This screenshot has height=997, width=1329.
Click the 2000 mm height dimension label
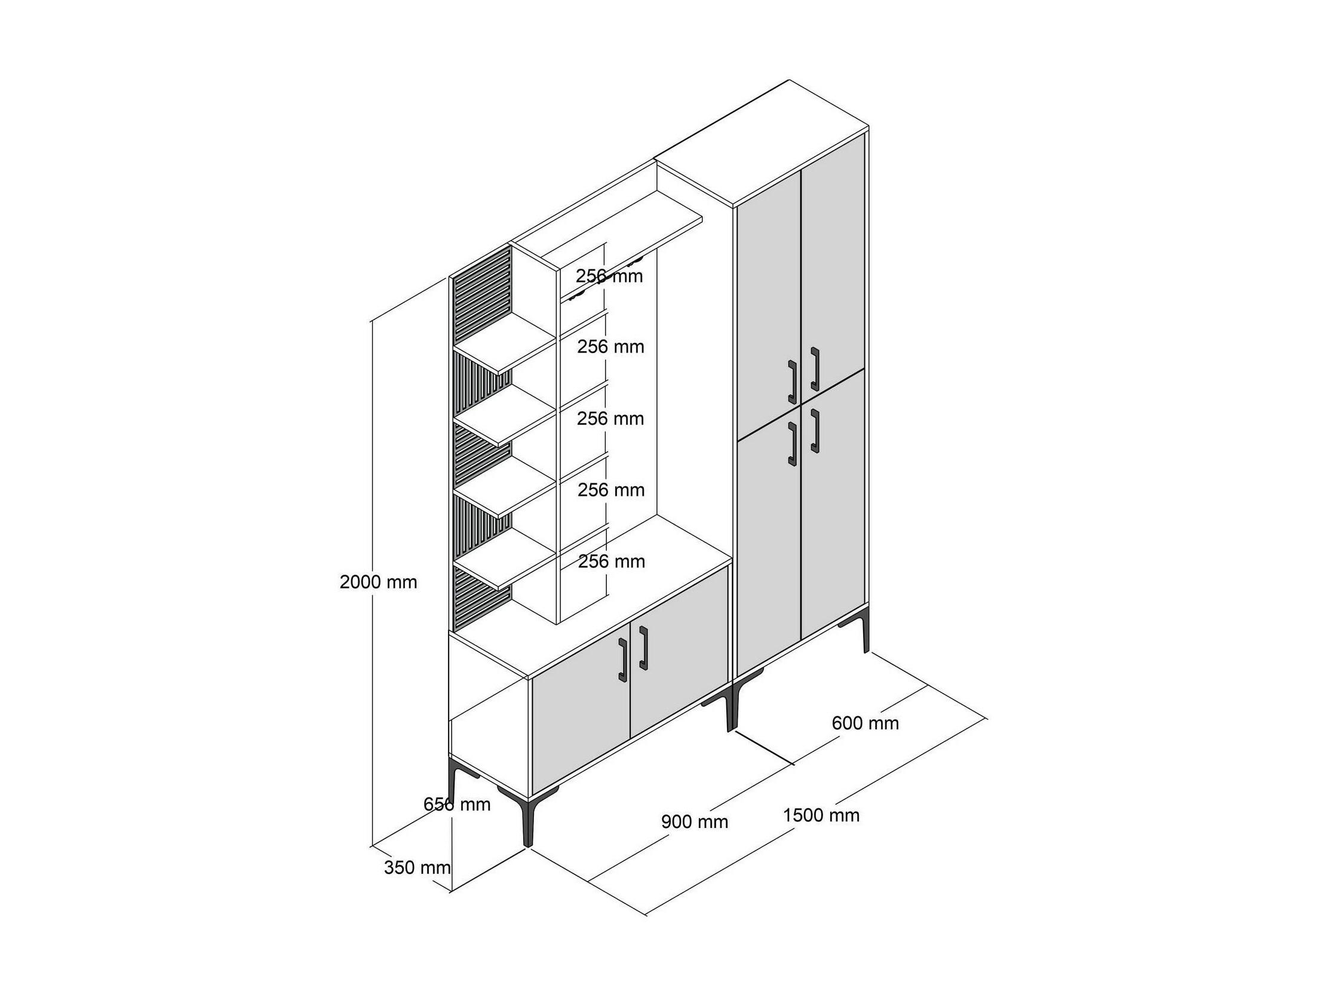pyautogui.click(x=378, y=582)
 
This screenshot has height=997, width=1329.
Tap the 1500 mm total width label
pyautogui.click(x=821, y=815)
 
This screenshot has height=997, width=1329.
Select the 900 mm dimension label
pyautogui.click(x=695, y=821)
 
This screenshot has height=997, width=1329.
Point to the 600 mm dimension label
pyautogui.click(x=865, y=723)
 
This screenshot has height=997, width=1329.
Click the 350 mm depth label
pyautogui.click(x=417, y=867)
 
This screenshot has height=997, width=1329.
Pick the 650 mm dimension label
pyautogui.click(x=456, y=804)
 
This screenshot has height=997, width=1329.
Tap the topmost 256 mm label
pyautogui.click(x=609, y=277)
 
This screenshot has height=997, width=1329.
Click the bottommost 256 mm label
pyautogui.click(x=611, y=562)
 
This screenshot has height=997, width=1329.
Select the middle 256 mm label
pyautogui.click(x=610, y=418)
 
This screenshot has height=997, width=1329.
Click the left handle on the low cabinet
pyautogui.click(x=622, y=660)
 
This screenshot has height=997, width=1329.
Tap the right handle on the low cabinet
pyautogui.click(x=644, y=647)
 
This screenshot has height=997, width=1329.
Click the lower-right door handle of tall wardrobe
pyautogui.click(x=815, y=430)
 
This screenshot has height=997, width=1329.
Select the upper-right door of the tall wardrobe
pyautogui.click(x=833, y=265)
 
